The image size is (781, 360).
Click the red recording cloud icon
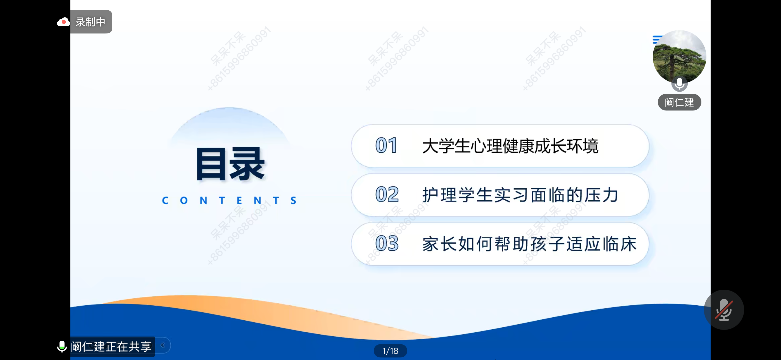63,22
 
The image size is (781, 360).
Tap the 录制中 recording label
90,22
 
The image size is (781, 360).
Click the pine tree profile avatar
679,57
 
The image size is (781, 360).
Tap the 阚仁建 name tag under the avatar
679,102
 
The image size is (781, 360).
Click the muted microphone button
724,310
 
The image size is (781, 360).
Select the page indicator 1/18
390,351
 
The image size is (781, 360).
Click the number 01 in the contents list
386,145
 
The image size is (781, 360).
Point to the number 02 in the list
387,194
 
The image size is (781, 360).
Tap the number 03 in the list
387,243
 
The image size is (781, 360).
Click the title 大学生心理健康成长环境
510,146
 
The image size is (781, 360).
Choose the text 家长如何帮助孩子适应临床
529,244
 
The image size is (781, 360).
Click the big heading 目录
230,164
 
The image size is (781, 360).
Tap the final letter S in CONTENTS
293,200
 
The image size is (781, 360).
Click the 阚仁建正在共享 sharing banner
111,346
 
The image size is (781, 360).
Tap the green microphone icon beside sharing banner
62,346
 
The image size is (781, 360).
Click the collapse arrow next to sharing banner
163,345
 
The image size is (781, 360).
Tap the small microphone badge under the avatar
679,84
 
